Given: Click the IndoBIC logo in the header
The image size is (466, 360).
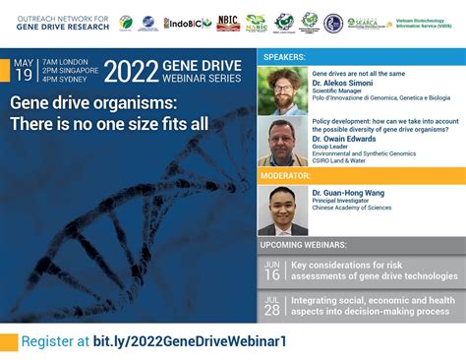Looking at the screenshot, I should click(187, 23).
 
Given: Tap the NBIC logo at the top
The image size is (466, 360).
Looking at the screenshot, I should click(228, 22).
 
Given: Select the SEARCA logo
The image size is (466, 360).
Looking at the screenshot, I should click(365, 23).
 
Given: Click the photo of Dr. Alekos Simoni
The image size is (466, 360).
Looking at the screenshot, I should click(282, 91).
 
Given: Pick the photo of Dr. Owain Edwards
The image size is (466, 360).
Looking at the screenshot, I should click(282, 142).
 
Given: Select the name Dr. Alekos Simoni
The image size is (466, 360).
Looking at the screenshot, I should click(343, 85).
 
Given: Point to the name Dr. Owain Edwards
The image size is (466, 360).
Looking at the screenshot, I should click(345, 140).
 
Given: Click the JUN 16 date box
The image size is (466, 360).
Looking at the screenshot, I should click(272, 270).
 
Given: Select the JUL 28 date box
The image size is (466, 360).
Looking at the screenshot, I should click(272, 305).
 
